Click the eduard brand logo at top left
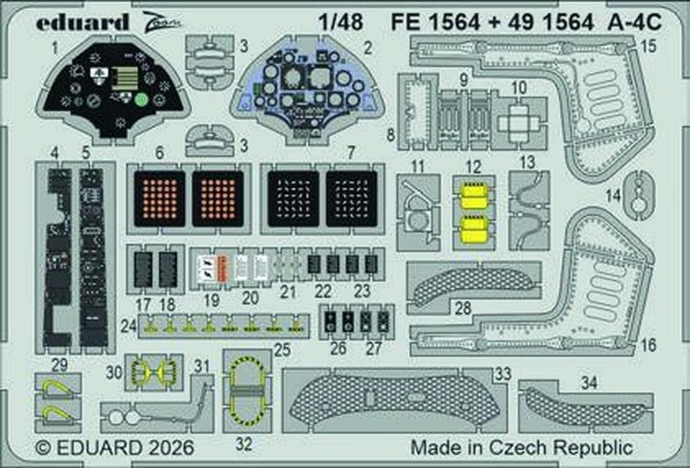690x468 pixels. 82,22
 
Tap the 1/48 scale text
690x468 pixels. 343,22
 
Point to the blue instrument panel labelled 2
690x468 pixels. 307,91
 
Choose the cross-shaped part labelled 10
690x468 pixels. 519,123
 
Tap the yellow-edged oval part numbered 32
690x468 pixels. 247,391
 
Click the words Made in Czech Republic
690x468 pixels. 522,448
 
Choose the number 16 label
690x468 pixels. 648,345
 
